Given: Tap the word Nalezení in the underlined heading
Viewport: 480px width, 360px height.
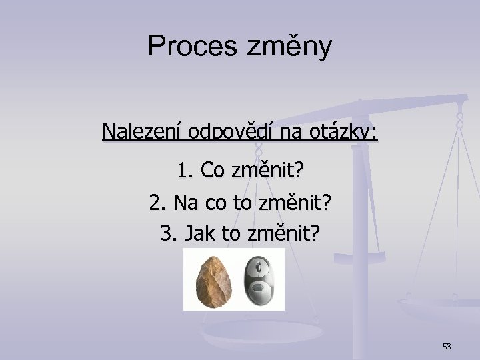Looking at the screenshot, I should pyautogui.click(x=142, y=131).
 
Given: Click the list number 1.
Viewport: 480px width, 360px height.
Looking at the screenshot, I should pyautogui.click(x=185, y=171).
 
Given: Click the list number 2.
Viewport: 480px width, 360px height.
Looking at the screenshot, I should pyautogui.click(x=157, y=202).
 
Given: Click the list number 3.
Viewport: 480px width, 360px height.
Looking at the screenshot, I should pyautogui.click(x=167, y=233).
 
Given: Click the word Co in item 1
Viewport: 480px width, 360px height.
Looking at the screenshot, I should pyautogui.click(x=213, y=171).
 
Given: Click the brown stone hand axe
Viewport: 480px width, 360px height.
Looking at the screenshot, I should pyautogui.click(x=213, y=280).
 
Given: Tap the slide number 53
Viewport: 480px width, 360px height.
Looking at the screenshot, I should pyautogui.click(x=446, y=346).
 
